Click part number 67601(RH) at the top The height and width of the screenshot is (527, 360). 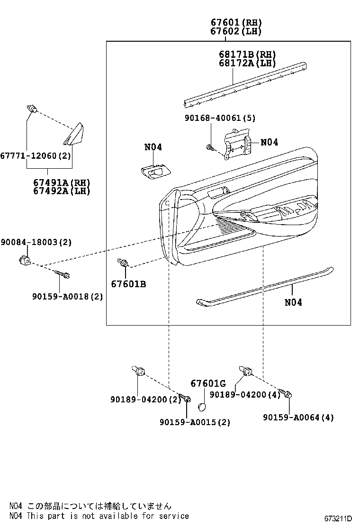click(x=236, y=22)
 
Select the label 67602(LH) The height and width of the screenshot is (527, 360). click(x=236, y=31)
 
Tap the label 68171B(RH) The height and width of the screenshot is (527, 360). click(x=247, y=55)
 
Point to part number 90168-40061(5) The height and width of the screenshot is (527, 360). click(x=220, y=118)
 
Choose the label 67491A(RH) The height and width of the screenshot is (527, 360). click(x=62, y=182)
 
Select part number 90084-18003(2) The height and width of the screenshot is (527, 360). click(x=36, y=242)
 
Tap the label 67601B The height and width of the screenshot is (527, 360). click(x=128, y=284)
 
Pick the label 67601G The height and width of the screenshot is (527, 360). click(x=208, y=383)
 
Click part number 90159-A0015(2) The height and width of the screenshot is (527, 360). click(x=195, y=422)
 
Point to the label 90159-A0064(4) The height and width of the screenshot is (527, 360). click(x=298, y=417)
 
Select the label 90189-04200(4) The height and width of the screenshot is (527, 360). click(x=245, y=394)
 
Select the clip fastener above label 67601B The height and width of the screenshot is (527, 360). click(x=124, y=263)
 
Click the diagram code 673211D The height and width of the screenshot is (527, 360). click(x=338, y=518)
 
